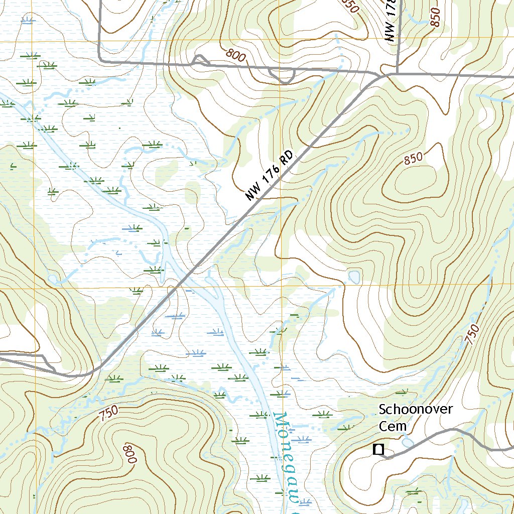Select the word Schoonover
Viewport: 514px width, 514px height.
tap(416, 409)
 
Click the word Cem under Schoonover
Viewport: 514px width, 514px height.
tap(392, 426)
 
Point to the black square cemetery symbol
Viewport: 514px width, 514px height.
tap(378, 449)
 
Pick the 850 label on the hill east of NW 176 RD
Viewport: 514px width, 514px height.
tap(413, 159)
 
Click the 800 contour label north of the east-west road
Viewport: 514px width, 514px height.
tap(236, 55)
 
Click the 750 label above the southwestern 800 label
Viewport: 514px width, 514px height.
tap(108, 413)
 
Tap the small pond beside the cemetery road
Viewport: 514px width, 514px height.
tap(407, 441)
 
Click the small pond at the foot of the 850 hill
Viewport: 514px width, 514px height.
tap(354, 277)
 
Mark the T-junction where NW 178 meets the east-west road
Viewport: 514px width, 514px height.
tap(397, 74)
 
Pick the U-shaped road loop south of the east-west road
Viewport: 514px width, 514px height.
tap(281, 76)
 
